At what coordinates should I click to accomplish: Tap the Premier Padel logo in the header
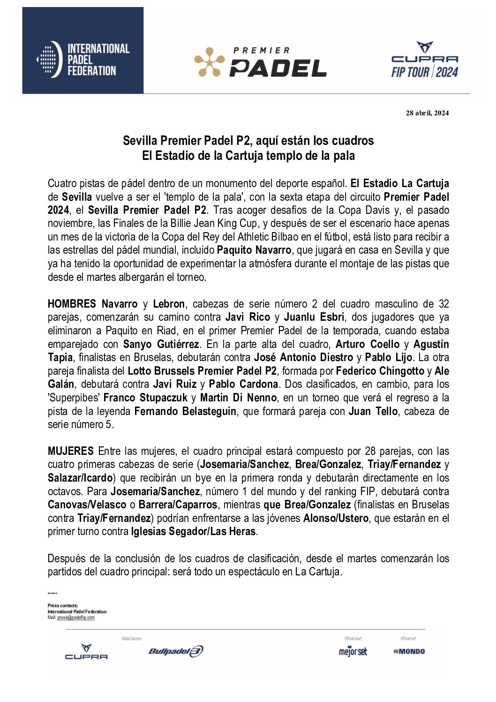tap(260, 62)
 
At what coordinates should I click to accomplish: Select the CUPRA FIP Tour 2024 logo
tap(424, 60)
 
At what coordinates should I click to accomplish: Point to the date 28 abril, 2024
tap(427, 113)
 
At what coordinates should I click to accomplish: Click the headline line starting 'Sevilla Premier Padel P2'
tap(248, 140)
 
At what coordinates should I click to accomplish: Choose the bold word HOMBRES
tap(72, 304)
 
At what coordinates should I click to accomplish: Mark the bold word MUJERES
tap(71, 451)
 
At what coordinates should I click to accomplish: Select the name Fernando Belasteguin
tap(185, 411)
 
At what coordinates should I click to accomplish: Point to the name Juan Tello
tap(373, 411)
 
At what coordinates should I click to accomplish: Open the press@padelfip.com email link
tap(76, 618)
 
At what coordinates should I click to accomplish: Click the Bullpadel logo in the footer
tap(175, 651)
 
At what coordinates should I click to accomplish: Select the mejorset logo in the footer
tap(353, 651)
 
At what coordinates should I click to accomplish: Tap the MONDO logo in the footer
tap(409, 651)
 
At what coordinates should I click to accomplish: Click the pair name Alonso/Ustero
tap(336, 518)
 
